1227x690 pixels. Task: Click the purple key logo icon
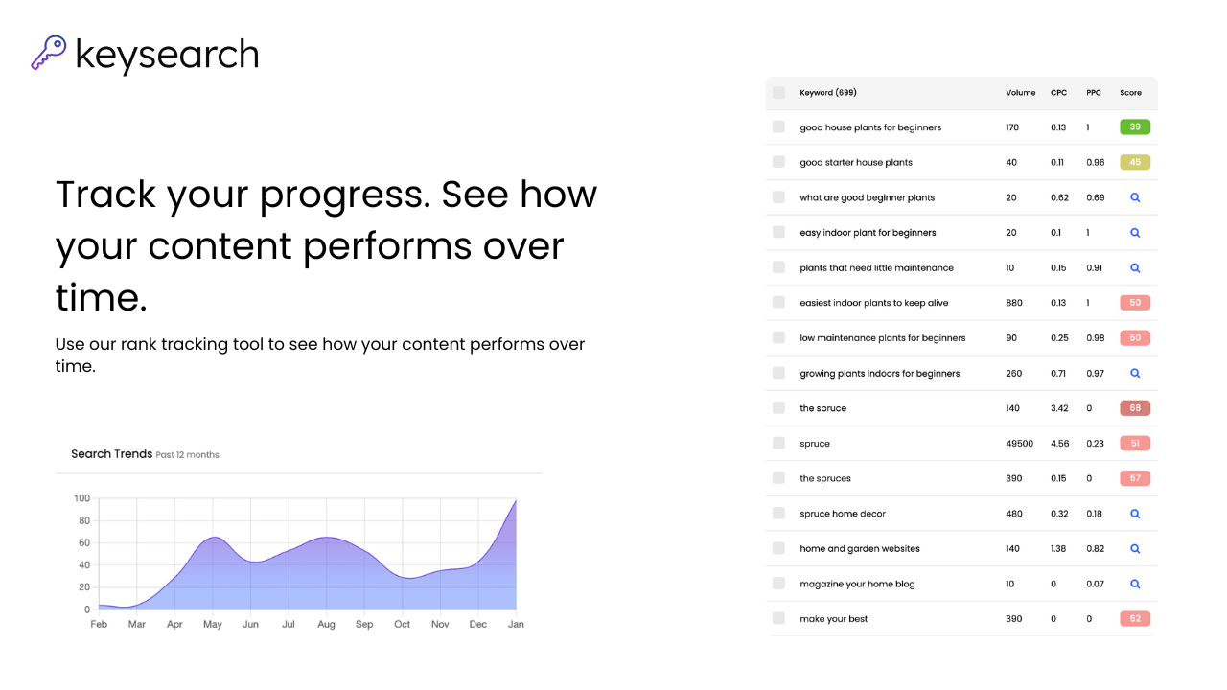(48, 53)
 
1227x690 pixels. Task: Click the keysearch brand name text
(167, 55)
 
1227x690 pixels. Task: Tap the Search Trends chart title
(111, 454)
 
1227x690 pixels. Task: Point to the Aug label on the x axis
(326, 624)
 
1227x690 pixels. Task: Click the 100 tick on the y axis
(81, 498)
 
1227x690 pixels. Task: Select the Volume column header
(1020, 93)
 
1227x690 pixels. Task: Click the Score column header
(1130, 93)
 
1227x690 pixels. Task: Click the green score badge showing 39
(1134, 127)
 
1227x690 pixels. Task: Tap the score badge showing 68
(1134, 408)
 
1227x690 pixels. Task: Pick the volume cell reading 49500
(1019, 444)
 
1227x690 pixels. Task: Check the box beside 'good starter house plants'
(778, 162)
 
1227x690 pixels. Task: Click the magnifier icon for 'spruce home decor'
(1135, 514)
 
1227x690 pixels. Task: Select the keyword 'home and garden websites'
(859, 549)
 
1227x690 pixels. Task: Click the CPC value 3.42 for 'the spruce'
(1059, 408)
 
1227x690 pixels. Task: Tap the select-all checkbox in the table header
(778, 93)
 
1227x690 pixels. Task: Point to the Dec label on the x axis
(477, 624)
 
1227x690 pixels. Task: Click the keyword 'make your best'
(833, 619)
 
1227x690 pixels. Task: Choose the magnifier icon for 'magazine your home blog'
(1135, 584)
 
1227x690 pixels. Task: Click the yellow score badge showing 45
(1134, 162)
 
